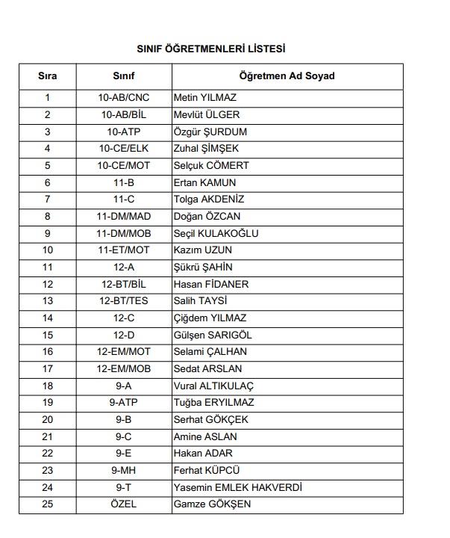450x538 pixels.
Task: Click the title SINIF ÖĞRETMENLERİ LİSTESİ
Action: point(210,49)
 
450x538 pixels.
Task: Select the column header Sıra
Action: point(48,76)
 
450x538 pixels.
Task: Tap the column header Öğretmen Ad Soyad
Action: point(287,76)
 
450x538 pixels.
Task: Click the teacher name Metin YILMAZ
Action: point(204,98)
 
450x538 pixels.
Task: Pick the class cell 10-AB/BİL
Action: point(124,115)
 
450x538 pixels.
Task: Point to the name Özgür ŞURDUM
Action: point(210,132)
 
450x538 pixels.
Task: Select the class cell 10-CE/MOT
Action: point(124,165)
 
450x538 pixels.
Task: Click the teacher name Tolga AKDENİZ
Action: point(208,200)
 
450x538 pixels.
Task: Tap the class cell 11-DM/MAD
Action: point(124,217)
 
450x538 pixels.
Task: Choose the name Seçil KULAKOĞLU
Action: point(216,233)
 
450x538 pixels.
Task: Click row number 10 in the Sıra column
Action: point(48,250)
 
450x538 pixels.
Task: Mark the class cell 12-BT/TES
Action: point(124,301)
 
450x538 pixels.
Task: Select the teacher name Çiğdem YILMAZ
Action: point(210,318)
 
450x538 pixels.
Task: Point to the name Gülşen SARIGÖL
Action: point(211,335)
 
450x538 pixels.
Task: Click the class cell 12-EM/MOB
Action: point(124,368)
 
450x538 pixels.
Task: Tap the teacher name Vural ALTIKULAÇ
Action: point(213,386)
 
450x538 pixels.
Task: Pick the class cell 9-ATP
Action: point(124,403)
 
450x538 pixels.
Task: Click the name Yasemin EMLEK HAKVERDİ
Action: point(237,487)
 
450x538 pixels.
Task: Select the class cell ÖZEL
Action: point(124,504)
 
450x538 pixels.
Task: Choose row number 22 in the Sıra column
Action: point(48,454)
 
